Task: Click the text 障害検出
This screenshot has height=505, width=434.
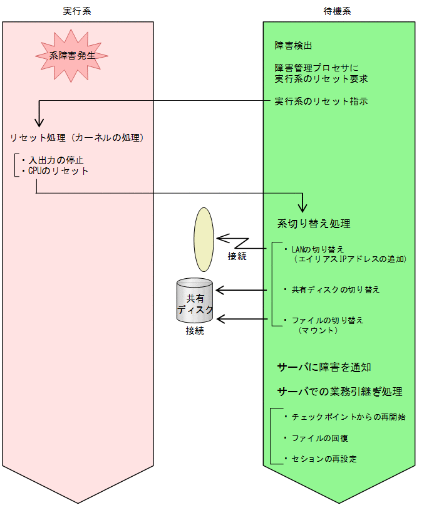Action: (x=293, y=46)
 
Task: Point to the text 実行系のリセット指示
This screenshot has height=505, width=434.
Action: (x=321, y=101)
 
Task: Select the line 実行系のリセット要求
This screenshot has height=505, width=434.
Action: (x=321, y=79)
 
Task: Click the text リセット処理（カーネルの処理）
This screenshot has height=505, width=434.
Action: (x=78, y=137)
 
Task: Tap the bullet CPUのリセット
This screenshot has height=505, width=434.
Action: (x=56, y=170)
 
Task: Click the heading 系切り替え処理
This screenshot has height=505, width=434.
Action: (x=314, y=224)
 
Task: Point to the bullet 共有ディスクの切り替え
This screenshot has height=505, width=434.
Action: (x=334, y=289)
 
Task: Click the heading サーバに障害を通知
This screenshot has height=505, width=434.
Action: (x=328, y=367)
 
